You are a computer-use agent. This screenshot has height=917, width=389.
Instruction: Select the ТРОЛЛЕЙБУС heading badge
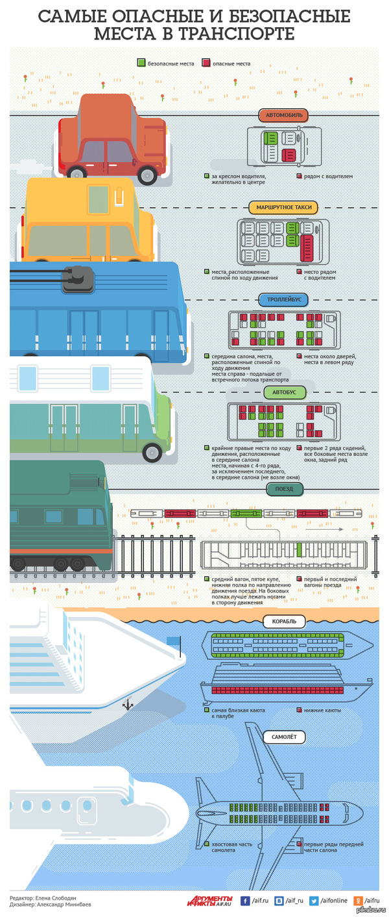tap(283, 300)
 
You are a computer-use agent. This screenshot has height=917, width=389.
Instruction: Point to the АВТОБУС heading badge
tap(284, 392)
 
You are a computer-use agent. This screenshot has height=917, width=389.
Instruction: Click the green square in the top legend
tap(141, 63)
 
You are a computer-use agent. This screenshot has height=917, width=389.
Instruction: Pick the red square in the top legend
tap(206, 63)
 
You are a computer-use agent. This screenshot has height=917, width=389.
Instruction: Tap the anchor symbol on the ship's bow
tap(128, 704)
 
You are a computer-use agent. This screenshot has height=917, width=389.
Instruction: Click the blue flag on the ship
tap(173, 640)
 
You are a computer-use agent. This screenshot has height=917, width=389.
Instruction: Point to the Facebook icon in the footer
tap(246, 900)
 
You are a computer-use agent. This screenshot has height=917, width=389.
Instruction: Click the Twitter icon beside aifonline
tap(314, 900)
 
